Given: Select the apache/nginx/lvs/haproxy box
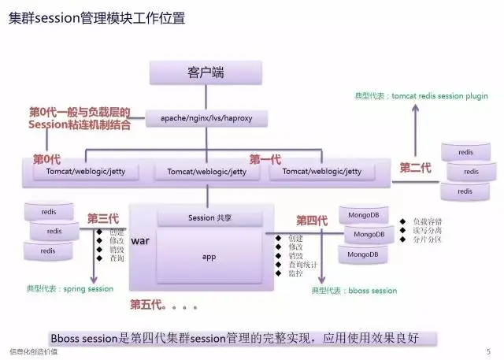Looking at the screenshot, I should pos(207,119).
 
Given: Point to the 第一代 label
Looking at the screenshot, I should pos(265,159).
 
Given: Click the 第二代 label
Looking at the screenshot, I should pos(415,168).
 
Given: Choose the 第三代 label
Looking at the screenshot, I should pos(102,218).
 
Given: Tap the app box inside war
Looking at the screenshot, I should pos(209,257).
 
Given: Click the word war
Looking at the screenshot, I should pos(139,239).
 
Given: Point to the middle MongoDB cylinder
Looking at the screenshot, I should pos(369,235).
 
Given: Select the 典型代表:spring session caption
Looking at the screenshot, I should pos(69,289).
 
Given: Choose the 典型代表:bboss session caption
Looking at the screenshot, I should pos(354,291).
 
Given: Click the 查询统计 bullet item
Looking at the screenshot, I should pos(302,265).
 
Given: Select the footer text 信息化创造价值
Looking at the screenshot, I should pos(32,351).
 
